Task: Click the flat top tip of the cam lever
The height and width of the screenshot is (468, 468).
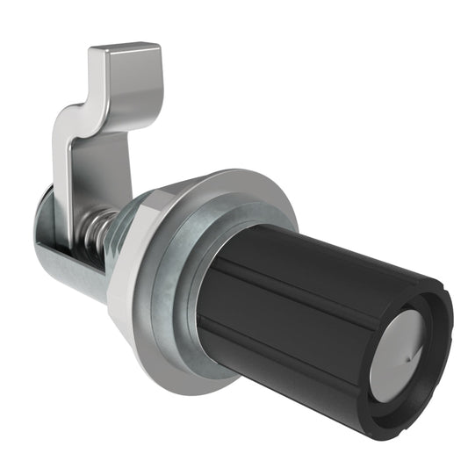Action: (x=126, y=53)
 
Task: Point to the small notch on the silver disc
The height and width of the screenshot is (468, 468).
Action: (x=408, y=358)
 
